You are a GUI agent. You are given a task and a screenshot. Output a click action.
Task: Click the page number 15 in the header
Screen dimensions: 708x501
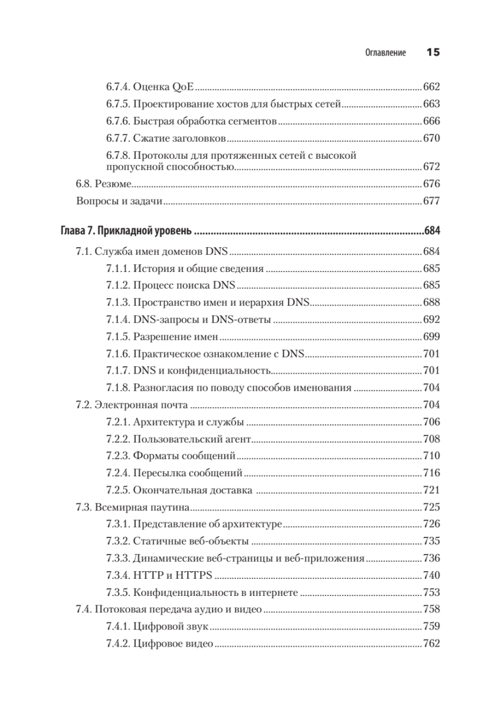[433, 53]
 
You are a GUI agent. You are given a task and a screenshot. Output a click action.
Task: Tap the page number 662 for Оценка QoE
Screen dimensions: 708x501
[432, 87]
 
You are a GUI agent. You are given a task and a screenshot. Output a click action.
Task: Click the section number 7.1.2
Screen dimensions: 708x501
[117, 286]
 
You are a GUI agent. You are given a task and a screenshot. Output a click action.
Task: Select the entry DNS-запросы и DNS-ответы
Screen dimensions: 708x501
[202, 320]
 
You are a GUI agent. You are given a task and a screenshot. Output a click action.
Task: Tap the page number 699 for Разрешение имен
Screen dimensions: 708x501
[432, 337]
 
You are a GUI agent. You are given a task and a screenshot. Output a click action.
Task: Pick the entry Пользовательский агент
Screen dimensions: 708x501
[192, 440]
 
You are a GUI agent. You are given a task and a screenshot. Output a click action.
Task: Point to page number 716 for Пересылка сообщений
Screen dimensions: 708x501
[432, 473]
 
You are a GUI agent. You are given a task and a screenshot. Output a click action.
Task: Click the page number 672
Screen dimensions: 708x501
[432, 166]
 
